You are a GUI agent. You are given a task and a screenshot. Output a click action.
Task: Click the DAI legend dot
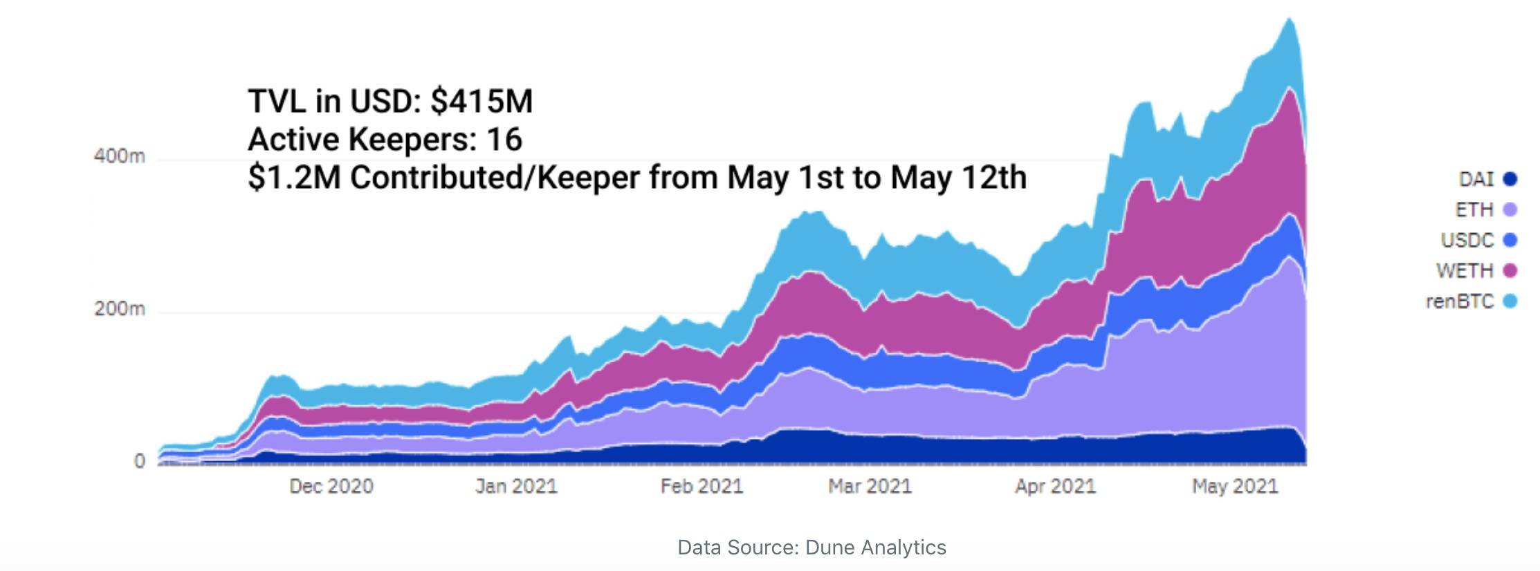pos(1510,180)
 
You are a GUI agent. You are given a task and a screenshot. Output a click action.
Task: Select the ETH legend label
pos(1474,209)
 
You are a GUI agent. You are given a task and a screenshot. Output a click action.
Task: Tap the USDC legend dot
pos(1510,240)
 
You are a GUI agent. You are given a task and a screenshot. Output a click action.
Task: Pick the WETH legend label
pos(1465,270)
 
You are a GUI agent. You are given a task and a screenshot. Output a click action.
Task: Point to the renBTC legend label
pos(1460,301)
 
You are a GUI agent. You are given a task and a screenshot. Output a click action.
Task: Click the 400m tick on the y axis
pos(120,157)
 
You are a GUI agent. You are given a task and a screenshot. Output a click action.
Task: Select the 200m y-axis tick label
pos(120,308)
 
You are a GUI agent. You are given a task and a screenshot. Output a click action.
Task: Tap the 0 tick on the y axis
pos(140,461)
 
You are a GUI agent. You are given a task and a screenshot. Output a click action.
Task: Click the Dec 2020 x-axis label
pos(331,487)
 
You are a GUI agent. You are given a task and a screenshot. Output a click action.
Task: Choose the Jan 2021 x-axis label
pos(516,487)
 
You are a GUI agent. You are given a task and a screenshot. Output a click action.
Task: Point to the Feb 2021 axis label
pos(702,487)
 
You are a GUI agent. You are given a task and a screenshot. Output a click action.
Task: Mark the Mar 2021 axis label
pos(870,487)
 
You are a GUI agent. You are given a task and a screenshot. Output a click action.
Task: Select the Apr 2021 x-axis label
pos(1055,487)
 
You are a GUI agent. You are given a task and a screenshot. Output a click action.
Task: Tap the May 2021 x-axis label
pos(1235,487)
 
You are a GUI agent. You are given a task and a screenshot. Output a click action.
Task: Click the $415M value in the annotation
pos(482,102)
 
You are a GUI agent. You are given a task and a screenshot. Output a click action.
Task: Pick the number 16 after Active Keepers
pos(504,140)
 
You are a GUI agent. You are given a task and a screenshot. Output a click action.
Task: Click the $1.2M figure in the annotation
pos(294,178)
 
